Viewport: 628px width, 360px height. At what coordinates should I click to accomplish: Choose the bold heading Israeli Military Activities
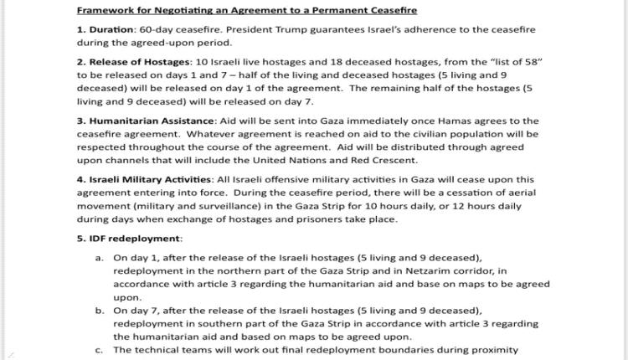coord(149,179)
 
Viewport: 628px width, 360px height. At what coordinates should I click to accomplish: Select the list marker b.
coord(100,311)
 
